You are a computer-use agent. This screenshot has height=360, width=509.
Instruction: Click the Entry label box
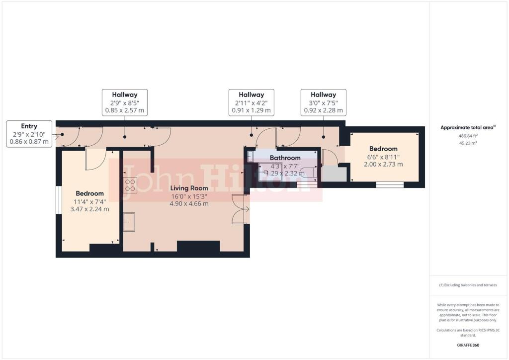tap(29, 134)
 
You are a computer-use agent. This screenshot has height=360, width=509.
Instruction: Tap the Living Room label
tap(189, 188)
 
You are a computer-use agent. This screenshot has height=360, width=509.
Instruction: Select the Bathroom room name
tap(285, 158)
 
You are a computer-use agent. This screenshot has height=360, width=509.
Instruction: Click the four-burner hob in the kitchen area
tap(130, 185)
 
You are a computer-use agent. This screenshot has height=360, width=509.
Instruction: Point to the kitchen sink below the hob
tap(129, 222)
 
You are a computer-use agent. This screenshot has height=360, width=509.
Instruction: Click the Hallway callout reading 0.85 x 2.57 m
tap(125, 102)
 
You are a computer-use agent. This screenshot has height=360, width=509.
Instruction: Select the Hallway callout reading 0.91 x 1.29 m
tap(251, 102)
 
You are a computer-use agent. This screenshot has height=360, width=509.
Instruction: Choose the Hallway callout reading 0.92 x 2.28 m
tap(323, 102)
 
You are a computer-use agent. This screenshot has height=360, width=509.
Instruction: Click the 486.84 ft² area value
tap(468, 136)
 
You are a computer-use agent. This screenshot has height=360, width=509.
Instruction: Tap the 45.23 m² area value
tap(468, 143)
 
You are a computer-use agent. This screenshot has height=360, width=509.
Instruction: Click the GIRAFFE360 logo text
tap(468, 345)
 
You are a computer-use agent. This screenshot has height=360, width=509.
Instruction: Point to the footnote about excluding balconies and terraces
tap(468, 285)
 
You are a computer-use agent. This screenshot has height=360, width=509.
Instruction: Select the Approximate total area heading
tap(468, 128)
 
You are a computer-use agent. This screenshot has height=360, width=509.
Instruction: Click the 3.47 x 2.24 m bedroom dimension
tap(89, 209)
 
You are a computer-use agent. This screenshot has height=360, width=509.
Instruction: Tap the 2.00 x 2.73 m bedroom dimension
tap(383, 164)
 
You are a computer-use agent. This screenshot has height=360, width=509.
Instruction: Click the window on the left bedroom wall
tap(59, 200)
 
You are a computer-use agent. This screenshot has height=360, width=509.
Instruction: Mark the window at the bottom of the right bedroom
tap(390, 184)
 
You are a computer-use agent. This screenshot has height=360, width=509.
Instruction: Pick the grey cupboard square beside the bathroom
tap(334, 175)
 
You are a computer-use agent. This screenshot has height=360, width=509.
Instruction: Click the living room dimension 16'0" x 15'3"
tap(189, 196)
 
